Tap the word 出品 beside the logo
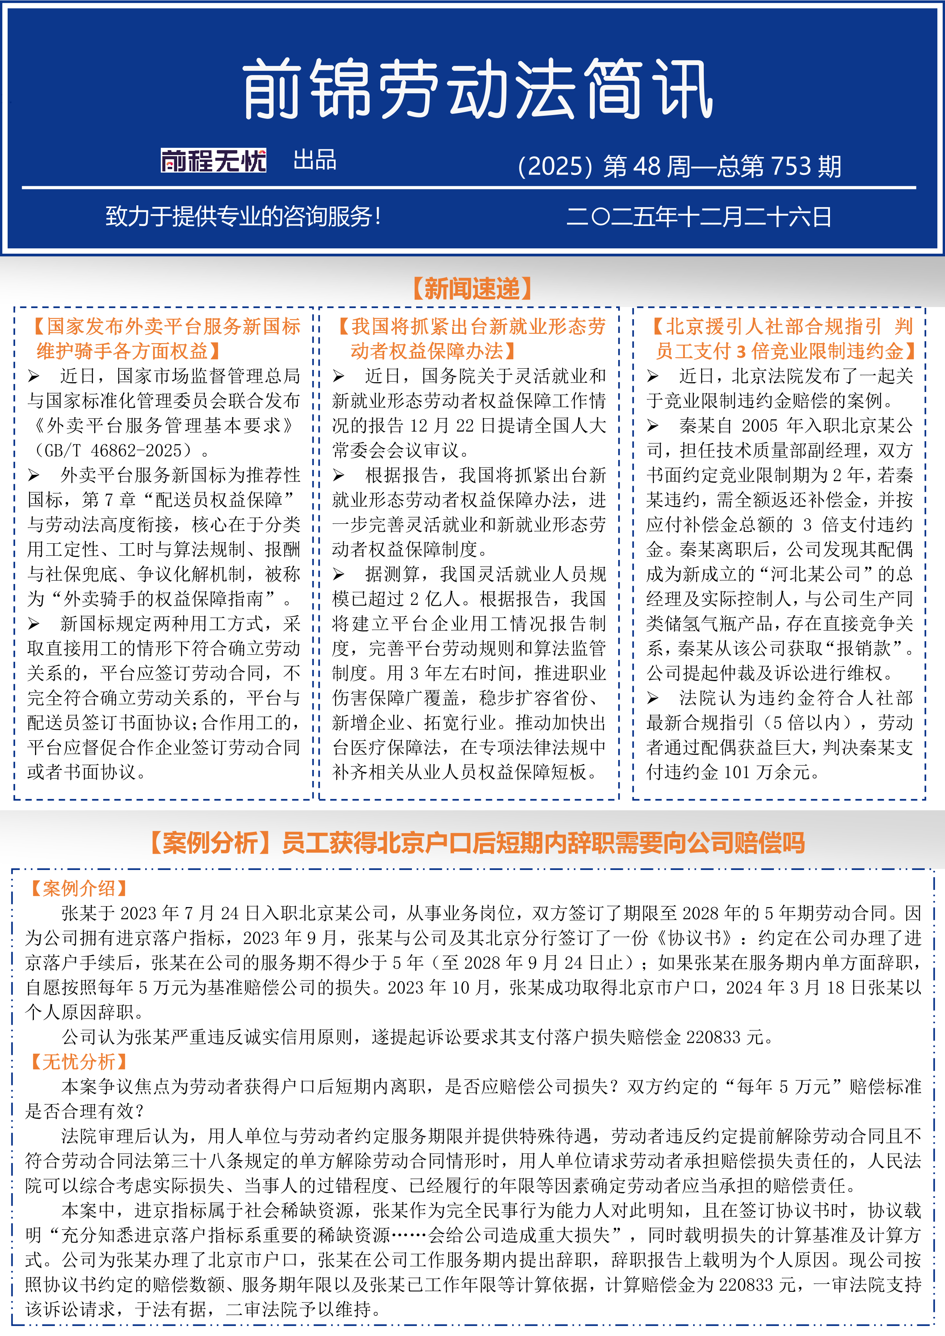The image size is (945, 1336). pyautogui.click(x=315, y=160)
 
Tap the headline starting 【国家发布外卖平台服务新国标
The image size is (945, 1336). pyautogui.click(x=165, y=339)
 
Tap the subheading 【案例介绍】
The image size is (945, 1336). pyautogui.click(x=78, y=888)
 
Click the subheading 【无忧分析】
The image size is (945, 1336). pyautogui.click(x=78, y=1062)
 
